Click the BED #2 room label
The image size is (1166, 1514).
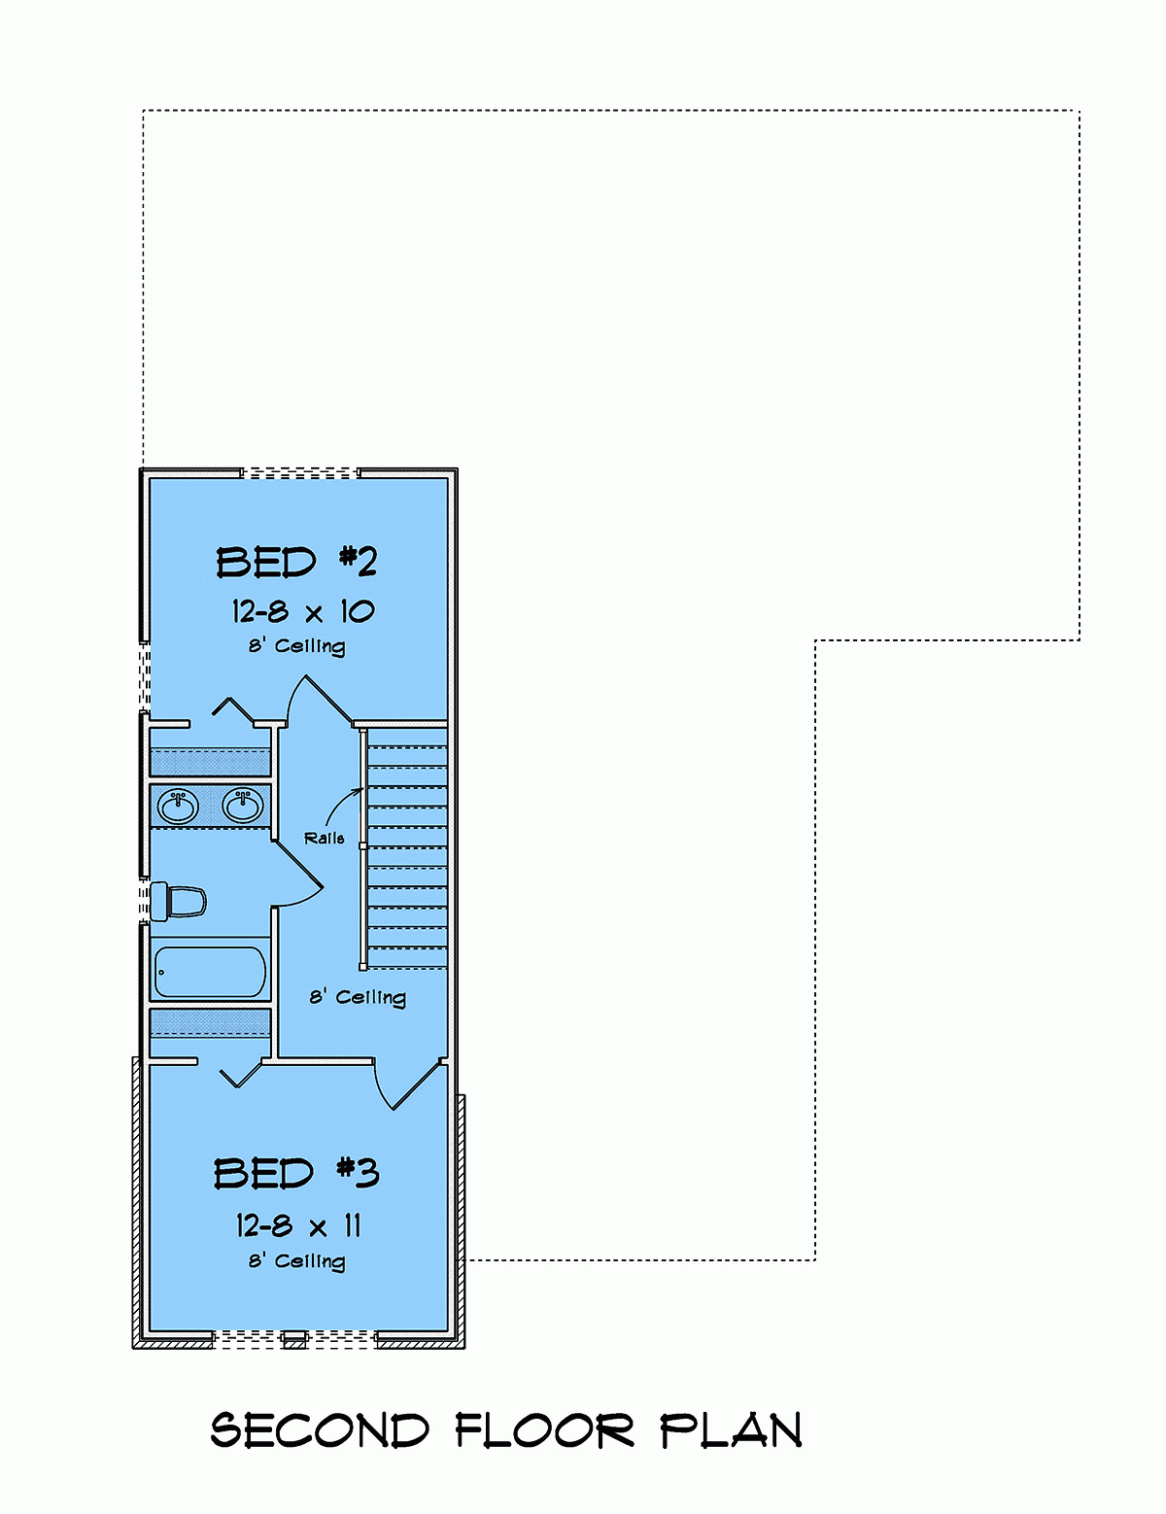[x=295, y=563]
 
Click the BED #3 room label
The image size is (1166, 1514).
[x=295, y=1173]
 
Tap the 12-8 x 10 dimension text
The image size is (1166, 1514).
[x=302, y=611]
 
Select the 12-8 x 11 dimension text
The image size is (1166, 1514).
[x=298, y=1225]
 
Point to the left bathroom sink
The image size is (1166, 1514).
[x=178, y=807]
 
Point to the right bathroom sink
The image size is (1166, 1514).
[x=242, y=805]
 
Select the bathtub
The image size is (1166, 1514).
[x=210, y=972]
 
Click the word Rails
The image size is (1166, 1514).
[x=324, y=838]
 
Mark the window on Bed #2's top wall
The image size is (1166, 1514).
[x=299, y=473]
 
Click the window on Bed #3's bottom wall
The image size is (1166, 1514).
[x=294, y=1339]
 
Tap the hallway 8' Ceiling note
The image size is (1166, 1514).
[x=358, y=997]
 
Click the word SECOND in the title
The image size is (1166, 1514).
[x=320, y=1431]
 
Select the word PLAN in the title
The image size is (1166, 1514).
[x=732, y=1431]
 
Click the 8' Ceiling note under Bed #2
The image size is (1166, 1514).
[x=296, y=646]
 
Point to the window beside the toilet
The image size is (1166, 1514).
[x=144, y=900]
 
